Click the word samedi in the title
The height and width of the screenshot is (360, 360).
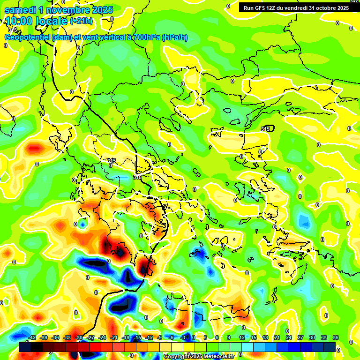19,10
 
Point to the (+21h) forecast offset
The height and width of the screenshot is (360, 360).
81,21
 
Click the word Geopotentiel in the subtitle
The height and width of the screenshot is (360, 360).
28,37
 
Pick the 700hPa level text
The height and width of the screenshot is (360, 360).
146,37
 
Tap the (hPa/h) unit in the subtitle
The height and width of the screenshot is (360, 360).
174,37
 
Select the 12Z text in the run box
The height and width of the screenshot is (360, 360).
272,8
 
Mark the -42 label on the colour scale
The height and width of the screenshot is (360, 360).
32,337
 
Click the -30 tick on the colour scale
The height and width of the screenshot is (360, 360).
79,337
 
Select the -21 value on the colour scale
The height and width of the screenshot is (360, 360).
114,337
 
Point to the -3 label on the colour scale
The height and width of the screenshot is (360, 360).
183,337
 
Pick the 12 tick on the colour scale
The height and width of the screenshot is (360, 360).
242,337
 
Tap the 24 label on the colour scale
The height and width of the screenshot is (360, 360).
289,337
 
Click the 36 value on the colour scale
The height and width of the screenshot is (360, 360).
336,337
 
